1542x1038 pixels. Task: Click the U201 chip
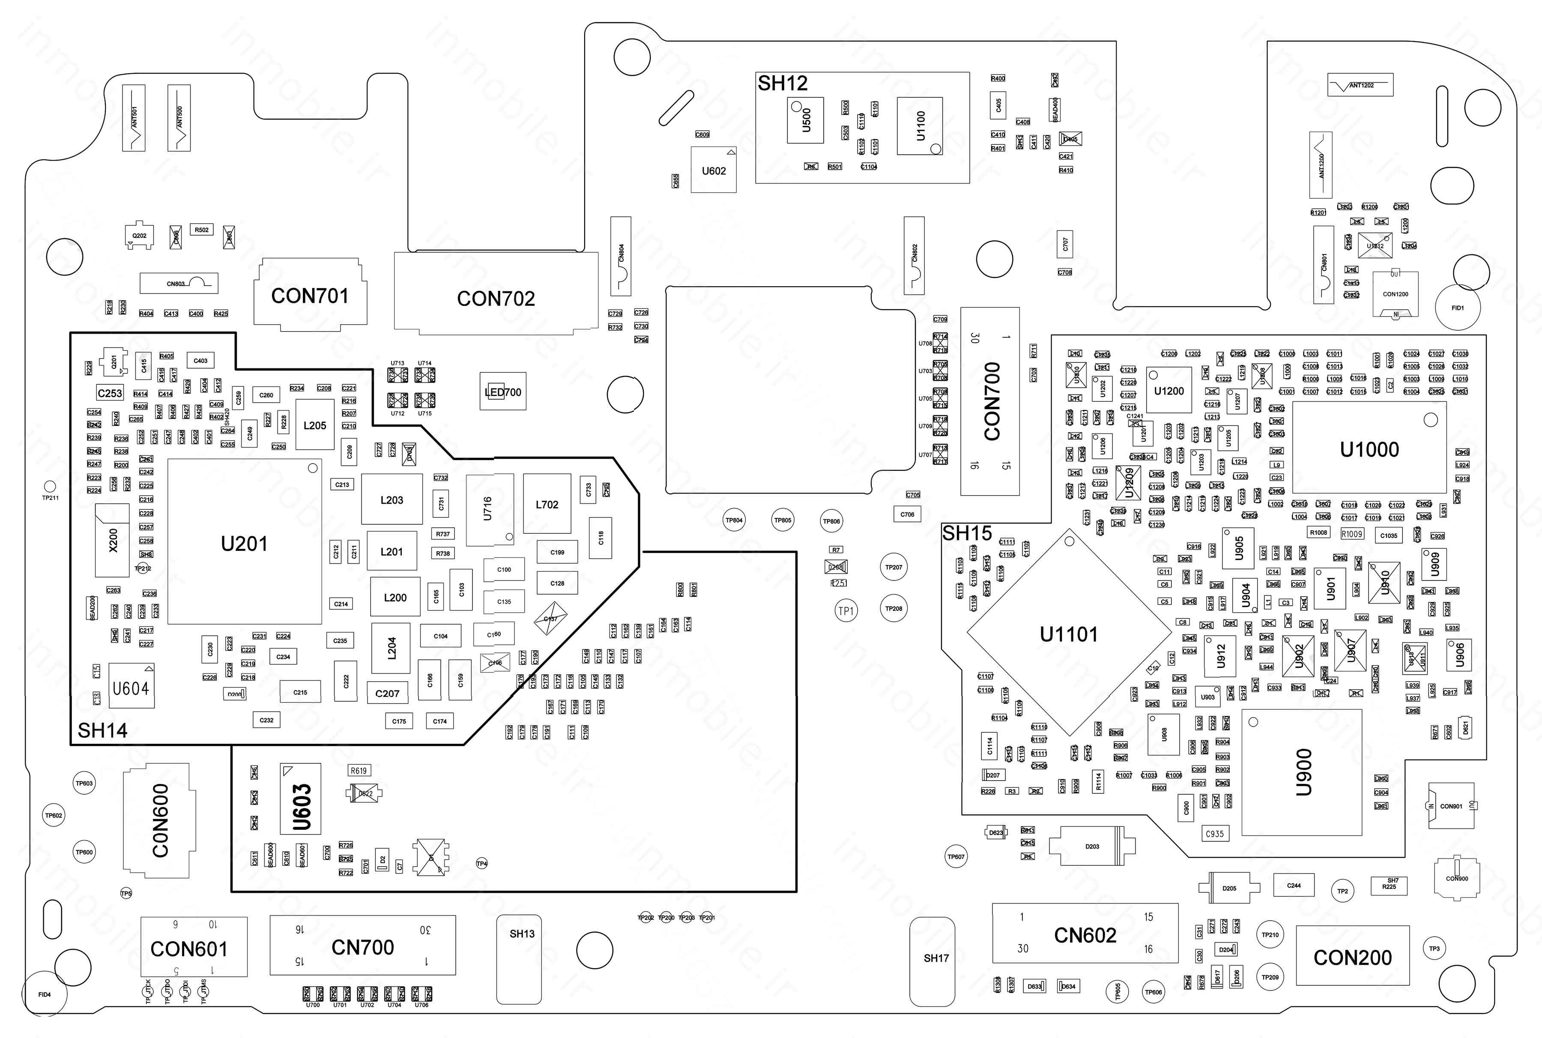244,543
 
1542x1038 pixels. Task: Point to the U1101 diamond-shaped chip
1069,634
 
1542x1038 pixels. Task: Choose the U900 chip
1302,772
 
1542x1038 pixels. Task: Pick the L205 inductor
314,425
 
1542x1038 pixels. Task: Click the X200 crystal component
113,539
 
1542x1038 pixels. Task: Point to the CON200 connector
1352,957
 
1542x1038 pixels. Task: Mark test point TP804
734,520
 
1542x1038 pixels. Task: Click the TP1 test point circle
846,610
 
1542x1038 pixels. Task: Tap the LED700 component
503,392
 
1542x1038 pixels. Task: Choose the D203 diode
1092,846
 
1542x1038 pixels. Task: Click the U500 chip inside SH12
805,120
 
